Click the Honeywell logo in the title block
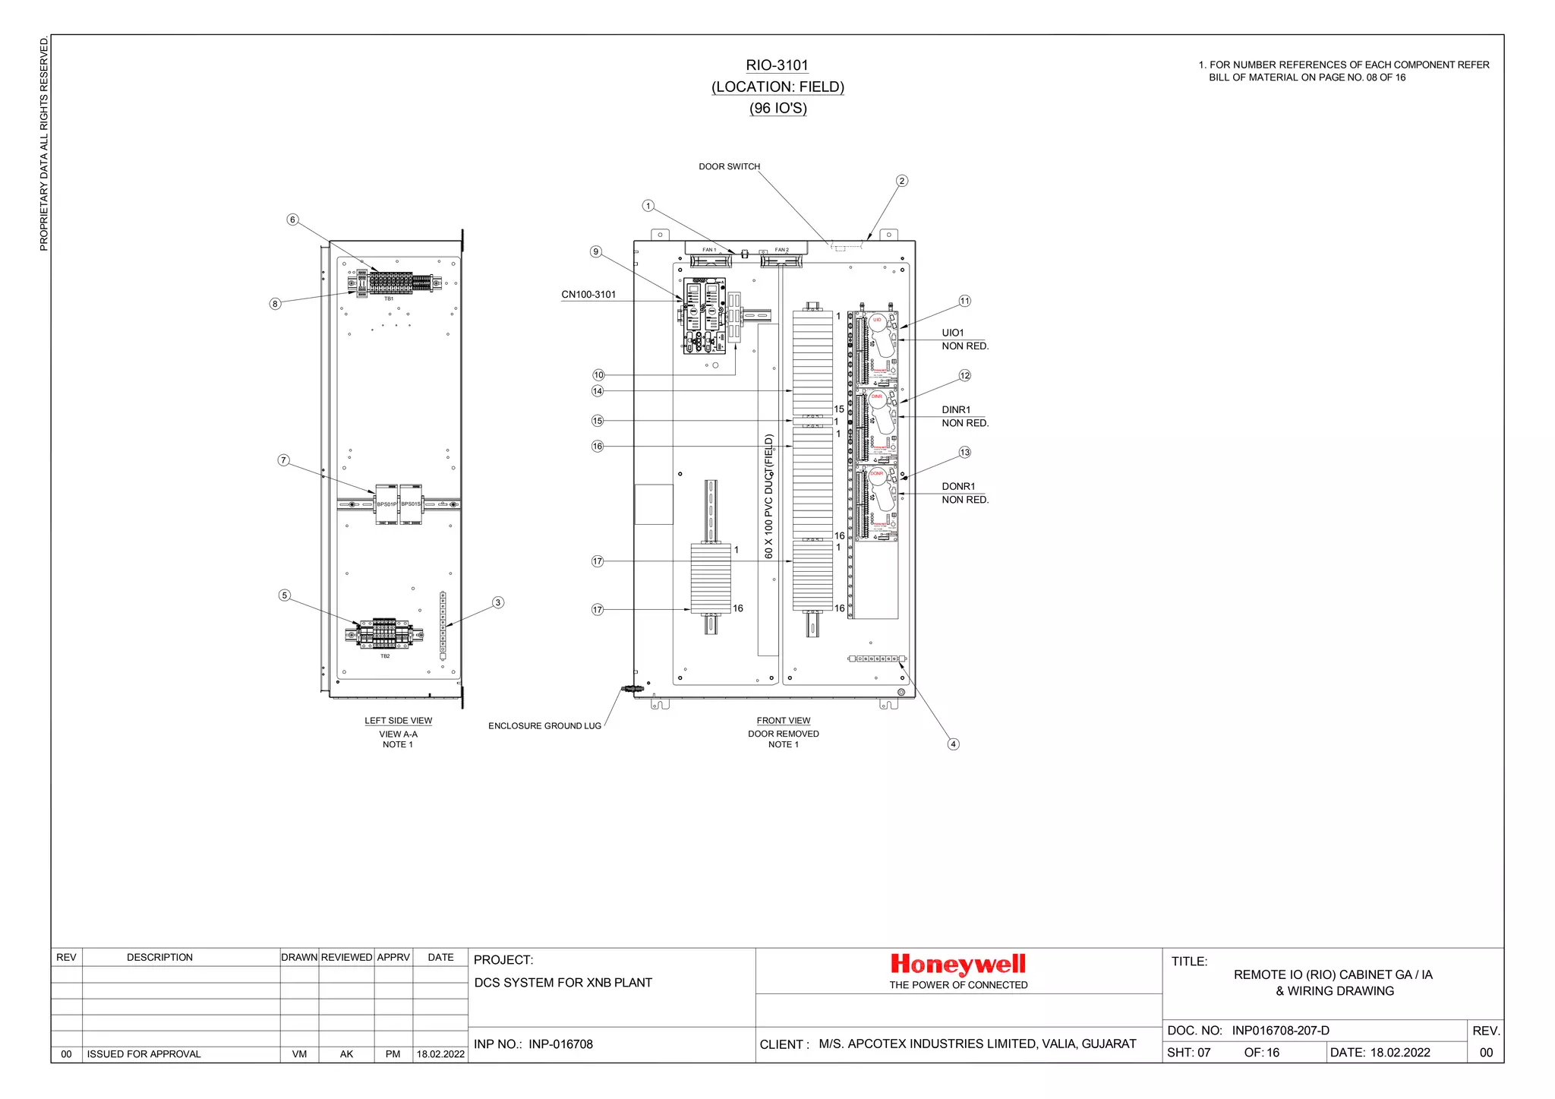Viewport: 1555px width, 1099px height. click(x=957, y=964)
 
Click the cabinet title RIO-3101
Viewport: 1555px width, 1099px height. click(x=777, y=65)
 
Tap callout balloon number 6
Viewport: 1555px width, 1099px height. click(x=292, y=219)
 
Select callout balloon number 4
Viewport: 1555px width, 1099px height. click(x=954, y=744)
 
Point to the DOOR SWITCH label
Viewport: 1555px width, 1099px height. click(x=729, y=166)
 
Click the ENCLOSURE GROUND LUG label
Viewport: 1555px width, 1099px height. click(x=544, y=726)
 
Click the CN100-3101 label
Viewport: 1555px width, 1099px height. click(x=588, y=295)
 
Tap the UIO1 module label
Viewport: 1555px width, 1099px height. click(x=952, y=333)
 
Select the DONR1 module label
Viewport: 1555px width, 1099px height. click(x=958, y=486)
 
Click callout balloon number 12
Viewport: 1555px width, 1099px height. click(x=964, y=375)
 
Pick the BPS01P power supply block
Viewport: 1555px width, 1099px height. click(x=386, y=504)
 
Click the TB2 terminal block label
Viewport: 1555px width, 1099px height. click(x=385, y=656)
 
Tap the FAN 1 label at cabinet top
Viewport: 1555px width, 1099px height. click(x=708, y=250)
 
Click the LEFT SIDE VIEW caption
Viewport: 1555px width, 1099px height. click(x=398, y=721)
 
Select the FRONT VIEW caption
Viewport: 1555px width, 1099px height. click(x=783, y=721)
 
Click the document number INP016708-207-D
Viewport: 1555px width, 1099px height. click(x=1280, y=1031)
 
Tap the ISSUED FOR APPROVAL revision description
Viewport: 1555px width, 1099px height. click(x=144, y=1054)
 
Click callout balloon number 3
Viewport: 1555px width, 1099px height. click(x=498, y=602)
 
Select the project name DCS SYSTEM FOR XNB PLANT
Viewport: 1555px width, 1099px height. click(x=563, y=983)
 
